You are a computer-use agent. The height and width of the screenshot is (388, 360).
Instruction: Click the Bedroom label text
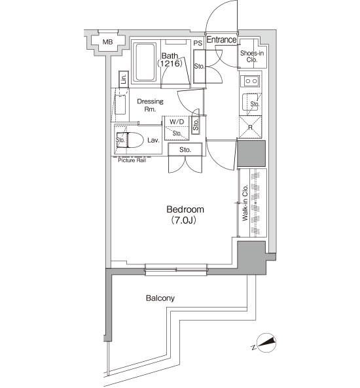click(185, 209)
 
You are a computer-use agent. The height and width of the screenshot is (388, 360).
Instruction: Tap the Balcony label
click(160, 298)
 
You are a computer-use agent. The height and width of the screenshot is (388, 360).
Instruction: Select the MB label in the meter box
click(107, 42)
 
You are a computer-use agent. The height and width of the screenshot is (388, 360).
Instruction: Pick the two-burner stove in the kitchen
click(251, 81)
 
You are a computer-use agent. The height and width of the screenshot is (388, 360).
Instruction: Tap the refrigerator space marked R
click(250, 127)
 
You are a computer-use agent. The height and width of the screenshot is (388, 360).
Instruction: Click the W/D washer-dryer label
click(177, 122)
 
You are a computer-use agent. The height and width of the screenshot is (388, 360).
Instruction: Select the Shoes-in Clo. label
click(252, 56)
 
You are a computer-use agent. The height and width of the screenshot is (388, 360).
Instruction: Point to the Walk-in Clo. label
click(245, 203)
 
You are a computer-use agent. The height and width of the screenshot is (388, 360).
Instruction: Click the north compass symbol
click(266, 343)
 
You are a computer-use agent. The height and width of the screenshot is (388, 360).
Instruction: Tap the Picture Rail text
click(132, 160)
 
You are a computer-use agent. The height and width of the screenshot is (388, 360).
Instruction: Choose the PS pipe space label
click(198, 43)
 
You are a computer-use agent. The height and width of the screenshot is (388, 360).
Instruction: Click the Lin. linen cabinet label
click(124, 79)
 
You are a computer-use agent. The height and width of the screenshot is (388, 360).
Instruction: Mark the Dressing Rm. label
click(150, 105)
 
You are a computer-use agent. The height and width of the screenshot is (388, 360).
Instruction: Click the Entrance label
click(221, 40)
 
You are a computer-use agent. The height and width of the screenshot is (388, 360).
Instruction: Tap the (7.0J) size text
click(183, 220)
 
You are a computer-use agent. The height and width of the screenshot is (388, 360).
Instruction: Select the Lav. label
click(153, 140)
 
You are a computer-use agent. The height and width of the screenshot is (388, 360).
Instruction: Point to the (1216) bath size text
click(170, 63)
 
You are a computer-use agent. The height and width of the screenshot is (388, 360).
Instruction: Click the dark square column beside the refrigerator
click(251, 153)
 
